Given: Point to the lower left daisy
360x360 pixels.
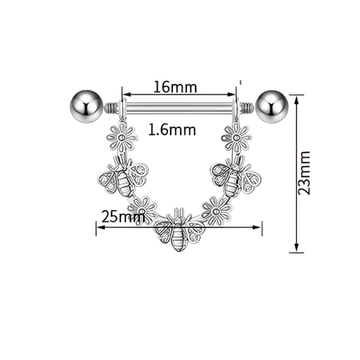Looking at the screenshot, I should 143,209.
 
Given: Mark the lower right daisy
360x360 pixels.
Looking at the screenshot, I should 214,209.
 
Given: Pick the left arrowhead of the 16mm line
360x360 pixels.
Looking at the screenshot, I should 125,95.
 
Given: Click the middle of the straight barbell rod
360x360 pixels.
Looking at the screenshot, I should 179,110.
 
